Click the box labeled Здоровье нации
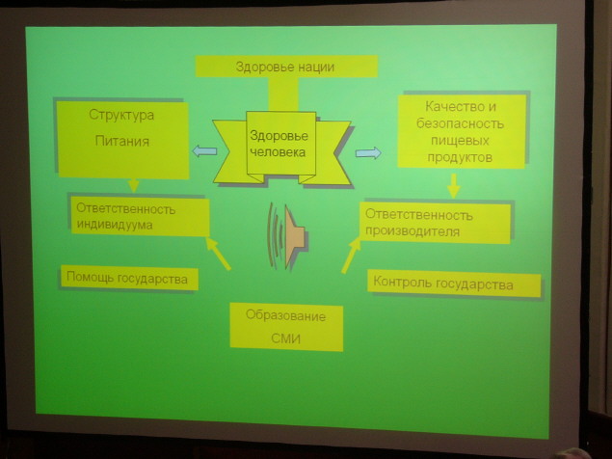(286, 66)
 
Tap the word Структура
(121, 115)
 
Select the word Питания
(122, 141)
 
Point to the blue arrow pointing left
(204, 150)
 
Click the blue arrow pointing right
(368, 152)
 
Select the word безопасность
(460, 123)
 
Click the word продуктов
(460, 157)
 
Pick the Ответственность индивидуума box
(140, 217)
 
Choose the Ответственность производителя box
(435, 223)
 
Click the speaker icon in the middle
(287, 236)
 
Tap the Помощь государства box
(129, 278)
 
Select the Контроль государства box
(454, 283)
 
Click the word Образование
(285, 315)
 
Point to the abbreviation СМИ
(285, 338)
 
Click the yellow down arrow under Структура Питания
(134, 185)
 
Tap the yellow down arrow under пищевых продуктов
(454, 186)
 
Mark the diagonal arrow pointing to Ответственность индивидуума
(218, 254)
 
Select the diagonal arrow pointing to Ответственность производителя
(351, 256)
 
